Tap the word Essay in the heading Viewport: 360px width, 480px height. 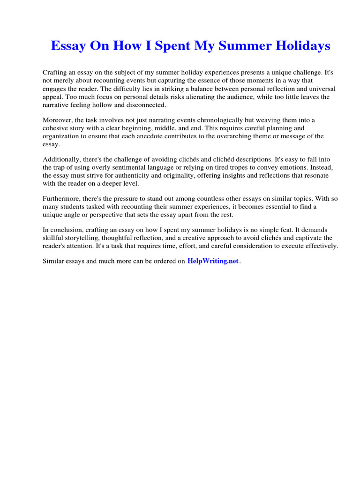67,46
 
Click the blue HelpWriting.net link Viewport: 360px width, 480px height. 213,261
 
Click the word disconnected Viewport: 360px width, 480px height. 141,105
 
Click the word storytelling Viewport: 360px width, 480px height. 78,238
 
